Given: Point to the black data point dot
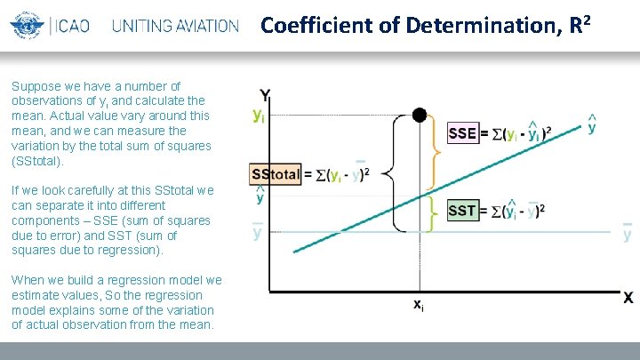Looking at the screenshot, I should click(419, 115).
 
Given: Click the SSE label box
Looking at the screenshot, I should click(462, 133).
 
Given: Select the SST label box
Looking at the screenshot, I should click(462, 211).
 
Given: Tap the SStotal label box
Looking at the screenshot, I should click(276, 173).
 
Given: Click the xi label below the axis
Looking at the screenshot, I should click(419, 305).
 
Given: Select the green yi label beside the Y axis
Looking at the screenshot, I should click(258, 115).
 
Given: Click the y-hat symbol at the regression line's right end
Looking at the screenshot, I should click(592, 126).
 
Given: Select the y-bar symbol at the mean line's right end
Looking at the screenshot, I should click(628, 233).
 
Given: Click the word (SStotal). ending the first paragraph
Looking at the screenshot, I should click(38, 162).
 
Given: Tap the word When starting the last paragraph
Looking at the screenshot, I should click(27, 280).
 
